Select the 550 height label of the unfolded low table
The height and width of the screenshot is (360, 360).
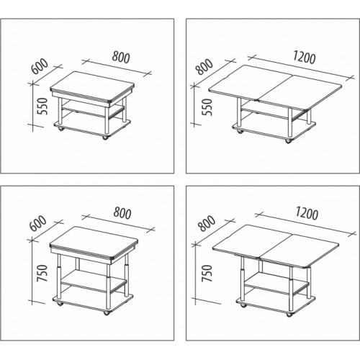[x=208, y=107]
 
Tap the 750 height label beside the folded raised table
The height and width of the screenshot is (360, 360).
[x=42, y=273]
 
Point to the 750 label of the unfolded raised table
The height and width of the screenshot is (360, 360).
[x=207, y=274]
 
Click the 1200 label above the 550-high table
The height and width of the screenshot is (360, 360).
[x=304, y=58]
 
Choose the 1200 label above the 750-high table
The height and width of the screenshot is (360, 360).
[x=307, y=213]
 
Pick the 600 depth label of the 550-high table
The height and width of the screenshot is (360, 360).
[x=40, y=66]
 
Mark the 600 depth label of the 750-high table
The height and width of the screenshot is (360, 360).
[x=38, y=223]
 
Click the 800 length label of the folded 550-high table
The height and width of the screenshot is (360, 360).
[x=121, y=58]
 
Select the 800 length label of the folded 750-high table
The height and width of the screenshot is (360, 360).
[x=122, y=213]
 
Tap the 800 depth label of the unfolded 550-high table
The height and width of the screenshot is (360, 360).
[x=204, y=66]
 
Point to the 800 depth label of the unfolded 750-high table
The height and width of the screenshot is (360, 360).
[x=207, y=223]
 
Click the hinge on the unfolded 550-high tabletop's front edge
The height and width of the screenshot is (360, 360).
[x=258, y=101]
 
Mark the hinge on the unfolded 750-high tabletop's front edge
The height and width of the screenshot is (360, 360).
[x=259, y=258]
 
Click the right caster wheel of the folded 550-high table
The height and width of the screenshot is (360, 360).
[x=105, y=138]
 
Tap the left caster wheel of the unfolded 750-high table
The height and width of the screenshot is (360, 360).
[x=243, y=305]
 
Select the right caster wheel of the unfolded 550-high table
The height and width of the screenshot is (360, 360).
[x=287, y=141]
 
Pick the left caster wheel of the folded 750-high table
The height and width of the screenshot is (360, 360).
[x=59, y=304]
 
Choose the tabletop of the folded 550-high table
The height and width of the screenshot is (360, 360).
[x=92, y=86]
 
